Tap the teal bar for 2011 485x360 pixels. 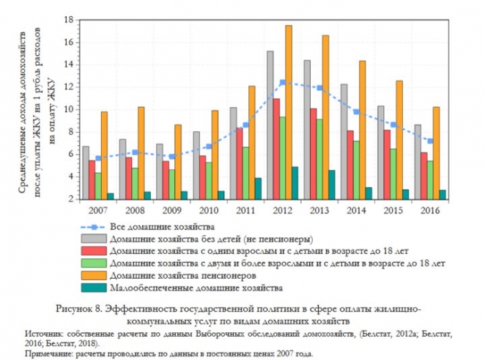click(x=258, y=188)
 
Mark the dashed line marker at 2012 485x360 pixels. click(x=282, y=82)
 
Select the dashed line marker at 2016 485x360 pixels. click(x=432, y=141)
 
